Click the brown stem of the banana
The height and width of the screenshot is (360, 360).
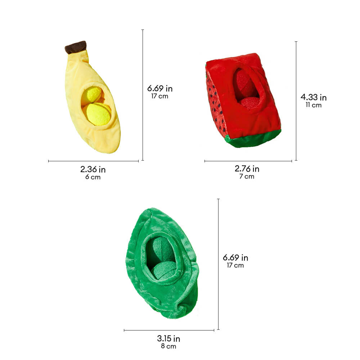coord(76,47)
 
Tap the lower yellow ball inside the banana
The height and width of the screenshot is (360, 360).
coord(98,114)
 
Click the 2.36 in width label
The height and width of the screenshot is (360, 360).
coord(93,170)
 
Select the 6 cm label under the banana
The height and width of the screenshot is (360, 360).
coord(93,177)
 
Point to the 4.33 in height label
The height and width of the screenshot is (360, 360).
coord(314,97)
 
